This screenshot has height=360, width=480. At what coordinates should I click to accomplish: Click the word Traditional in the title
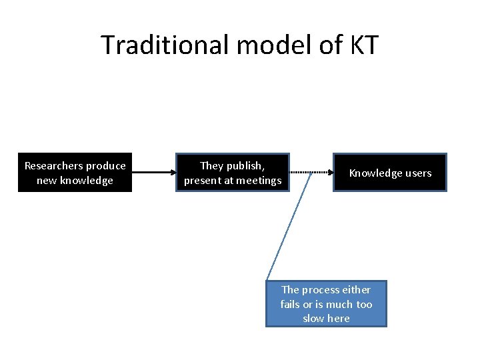point(165,45)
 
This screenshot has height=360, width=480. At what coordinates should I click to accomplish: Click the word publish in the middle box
point(245,165)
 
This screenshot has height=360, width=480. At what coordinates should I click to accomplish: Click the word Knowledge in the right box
point(375,173)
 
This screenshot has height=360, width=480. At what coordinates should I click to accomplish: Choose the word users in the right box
point(417,173)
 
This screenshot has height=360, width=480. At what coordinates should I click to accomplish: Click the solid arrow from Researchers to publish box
point(153,173)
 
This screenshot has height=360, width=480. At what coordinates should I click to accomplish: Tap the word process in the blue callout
point(319,289)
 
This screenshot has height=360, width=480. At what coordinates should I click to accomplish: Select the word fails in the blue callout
point(290,304)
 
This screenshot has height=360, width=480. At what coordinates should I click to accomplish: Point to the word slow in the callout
point(313,319)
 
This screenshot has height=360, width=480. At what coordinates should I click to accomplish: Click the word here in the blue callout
point(339,319)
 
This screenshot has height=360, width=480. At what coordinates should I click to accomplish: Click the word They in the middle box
point(212,165)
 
